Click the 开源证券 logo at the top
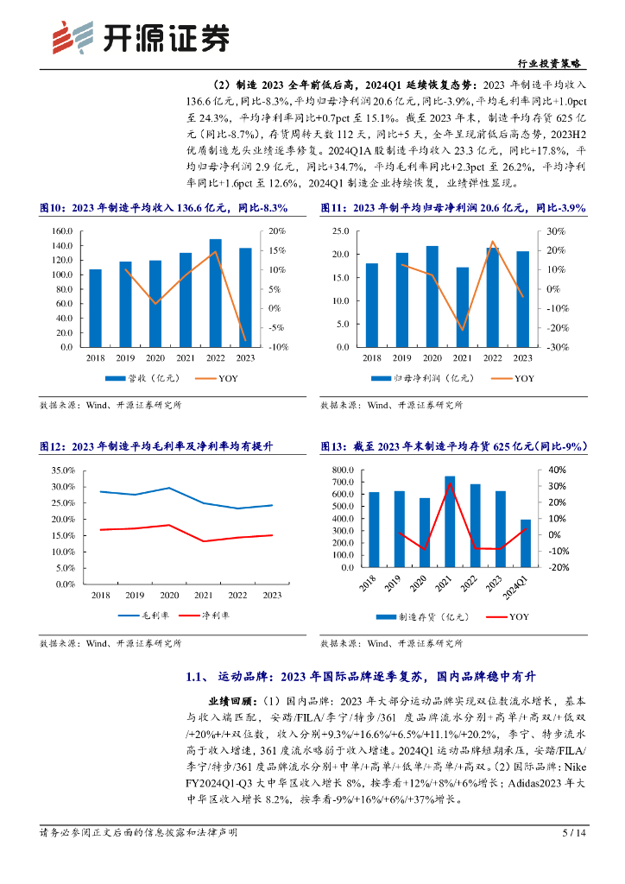coord(142,36)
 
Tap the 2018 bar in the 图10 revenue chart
coord(95,308)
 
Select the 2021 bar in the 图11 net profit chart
coord(463,307)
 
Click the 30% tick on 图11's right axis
coord(557,231)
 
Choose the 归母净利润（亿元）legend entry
coord(413,378)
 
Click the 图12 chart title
coord(156,446)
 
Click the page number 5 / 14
coord(573,833)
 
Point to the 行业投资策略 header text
coord(553,63)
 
